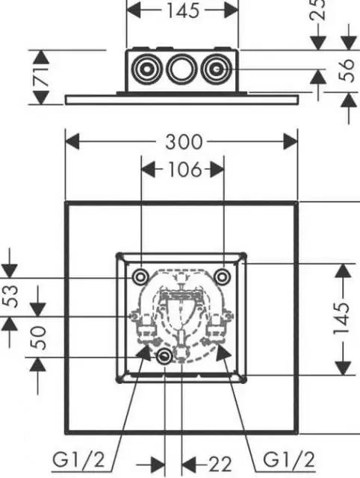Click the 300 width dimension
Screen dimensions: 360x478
(184, 142)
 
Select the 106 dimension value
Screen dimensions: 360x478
(184, 170)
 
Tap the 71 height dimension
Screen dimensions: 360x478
(40, 77)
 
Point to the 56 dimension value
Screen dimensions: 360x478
(347, 70)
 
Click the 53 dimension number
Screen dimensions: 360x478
(11, 296)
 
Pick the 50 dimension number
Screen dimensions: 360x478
(39, 338)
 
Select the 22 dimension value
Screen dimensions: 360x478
(220, 465)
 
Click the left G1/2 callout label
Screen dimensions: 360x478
(78, 460)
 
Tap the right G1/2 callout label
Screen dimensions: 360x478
(288, 460)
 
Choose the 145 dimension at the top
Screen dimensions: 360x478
(183, 10)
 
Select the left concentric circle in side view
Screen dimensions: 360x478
(146, 69)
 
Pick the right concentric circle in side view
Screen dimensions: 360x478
(216, 69)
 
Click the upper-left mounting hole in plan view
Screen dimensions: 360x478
(140, 277)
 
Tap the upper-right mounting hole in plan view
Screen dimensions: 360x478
(222, 277)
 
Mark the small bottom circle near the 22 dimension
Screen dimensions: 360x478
(164, 356)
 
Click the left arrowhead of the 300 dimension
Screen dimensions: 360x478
(72, 141)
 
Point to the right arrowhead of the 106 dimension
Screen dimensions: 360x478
(217, 170)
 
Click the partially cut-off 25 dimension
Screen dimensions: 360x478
(318, 10)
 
